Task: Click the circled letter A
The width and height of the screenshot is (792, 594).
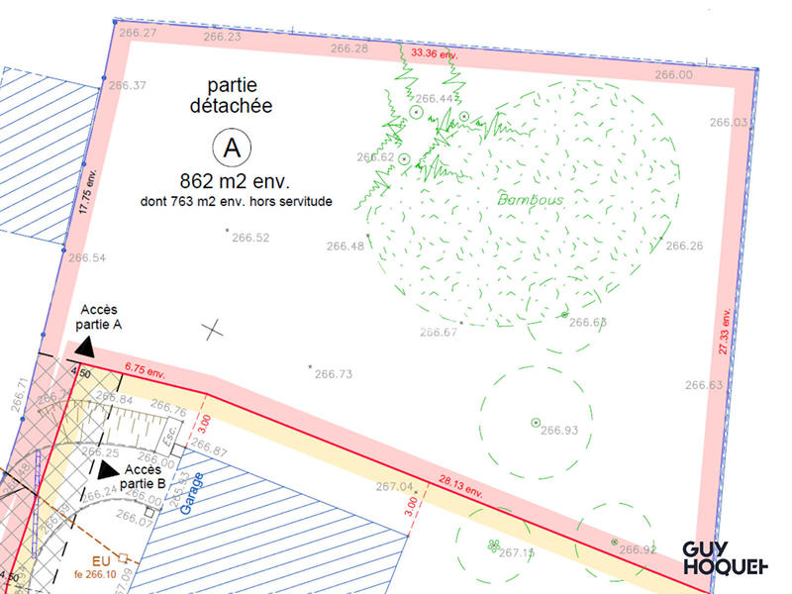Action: (232, 148)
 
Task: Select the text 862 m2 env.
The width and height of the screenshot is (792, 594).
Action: (234, 182)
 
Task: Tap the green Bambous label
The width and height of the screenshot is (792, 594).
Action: (531, 200)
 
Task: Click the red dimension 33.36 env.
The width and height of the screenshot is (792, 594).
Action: (436, 54)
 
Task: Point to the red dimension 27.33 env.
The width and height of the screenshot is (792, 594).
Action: (725, 337)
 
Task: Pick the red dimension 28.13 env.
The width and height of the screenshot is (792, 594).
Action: (460, 487)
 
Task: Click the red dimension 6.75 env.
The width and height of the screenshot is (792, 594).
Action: (145, 369)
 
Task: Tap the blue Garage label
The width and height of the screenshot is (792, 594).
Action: (194, 493)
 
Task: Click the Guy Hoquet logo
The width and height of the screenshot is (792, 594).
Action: (726, 557)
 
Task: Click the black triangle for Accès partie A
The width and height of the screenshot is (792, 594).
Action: (86, 346)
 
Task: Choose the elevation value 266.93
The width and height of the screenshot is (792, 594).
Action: (560, 430)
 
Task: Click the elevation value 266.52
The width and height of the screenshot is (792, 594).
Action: (249, 238)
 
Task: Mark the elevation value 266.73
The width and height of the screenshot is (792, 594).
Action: (333, 374)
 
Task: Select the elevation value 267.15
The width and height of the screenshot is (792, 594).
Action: (517, 552)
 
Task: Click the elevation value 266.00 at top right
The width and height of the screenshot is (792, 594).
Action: (672, 74)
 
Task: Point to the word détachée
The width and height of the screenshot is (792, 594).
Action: (231, 105)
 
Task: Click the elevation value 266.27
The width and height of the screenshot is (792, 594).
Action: (138, 33)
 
